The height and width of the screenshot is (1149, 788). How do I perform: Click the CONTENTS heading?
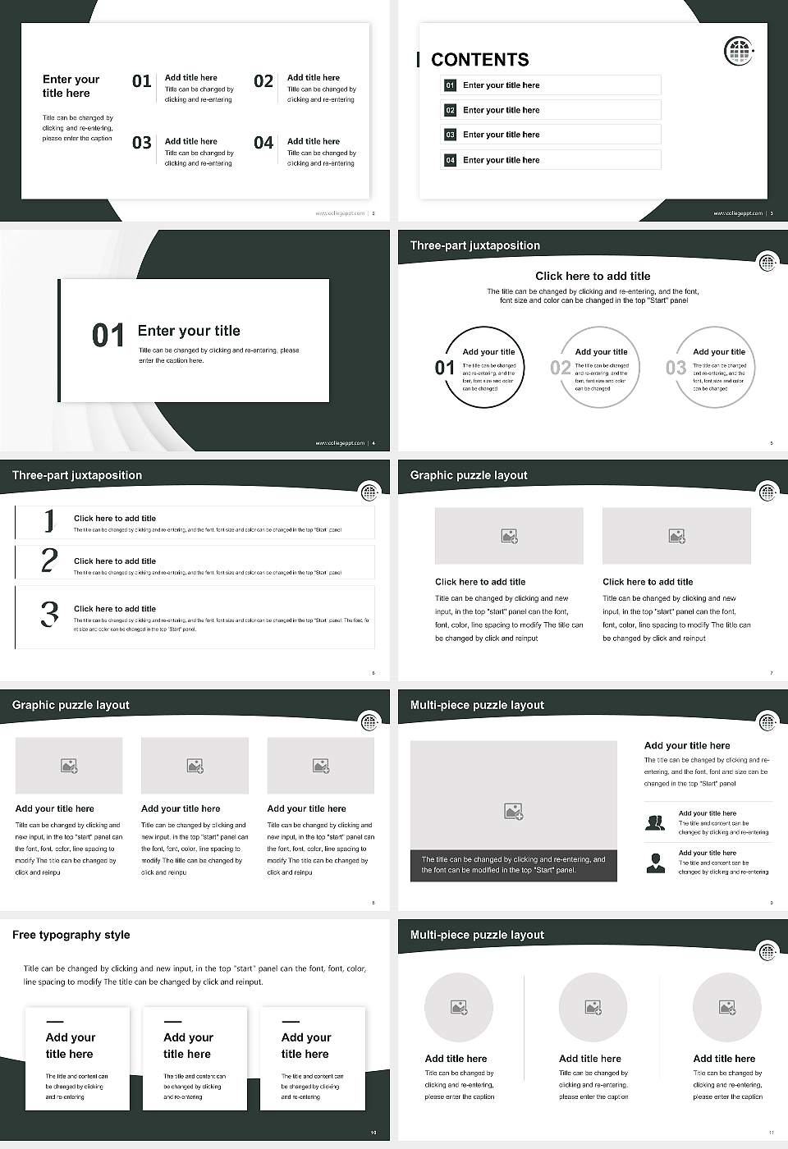coord(479,60)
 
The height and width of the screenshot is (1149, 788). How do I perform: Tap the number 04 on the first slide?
coord(263,143)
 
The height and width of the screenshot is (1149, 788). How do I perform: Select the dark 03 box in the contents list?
coord(450,135)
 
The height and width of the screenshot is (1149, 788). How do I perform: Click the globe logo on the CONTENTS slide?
coord(739,51)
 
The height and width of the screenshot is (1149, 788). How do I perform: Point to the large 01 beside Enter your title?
coord(108,336)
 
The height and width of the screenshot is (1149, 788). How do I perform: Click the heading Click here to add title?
coord(592,277)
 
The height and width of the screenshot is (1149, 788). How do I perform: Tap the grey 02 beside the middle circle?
coord(561,368)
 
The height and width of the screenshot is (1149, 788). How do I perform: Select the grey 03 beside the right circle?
coord(676,368)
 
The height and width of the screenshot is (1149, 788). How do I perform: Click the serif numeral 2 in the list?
coord(49,561)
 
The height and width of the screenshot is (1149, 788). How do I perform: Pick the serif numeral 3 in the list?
coord(49,614)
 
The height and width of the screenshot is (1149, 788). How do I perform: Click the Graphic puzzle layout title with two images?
coord(469,475)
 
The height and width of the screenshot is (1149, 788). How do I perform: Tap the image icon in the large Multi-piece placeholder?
coord(514,812)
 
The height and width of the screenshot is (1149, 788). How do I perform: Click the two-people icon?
coord(655,822)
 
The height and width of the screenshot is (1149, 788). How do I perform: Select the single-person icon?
coord(655,863)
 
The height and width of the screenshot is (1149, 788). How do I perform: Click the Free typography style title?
coord(71,935)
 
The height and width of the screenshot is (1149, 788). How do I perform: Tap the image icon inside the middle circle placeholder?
coord(593,1007)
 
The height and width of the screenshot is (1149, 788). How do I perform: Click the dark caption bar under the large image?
coord(513,865)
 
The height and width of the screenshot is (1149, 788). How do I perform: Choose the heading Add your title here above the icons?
coord(687,746)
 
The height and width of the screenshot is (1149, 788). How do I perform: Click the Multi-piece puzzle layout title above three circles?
coord(477,935)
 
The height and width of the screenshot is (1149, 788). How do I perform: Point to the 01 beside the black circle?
coord(444,368)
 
